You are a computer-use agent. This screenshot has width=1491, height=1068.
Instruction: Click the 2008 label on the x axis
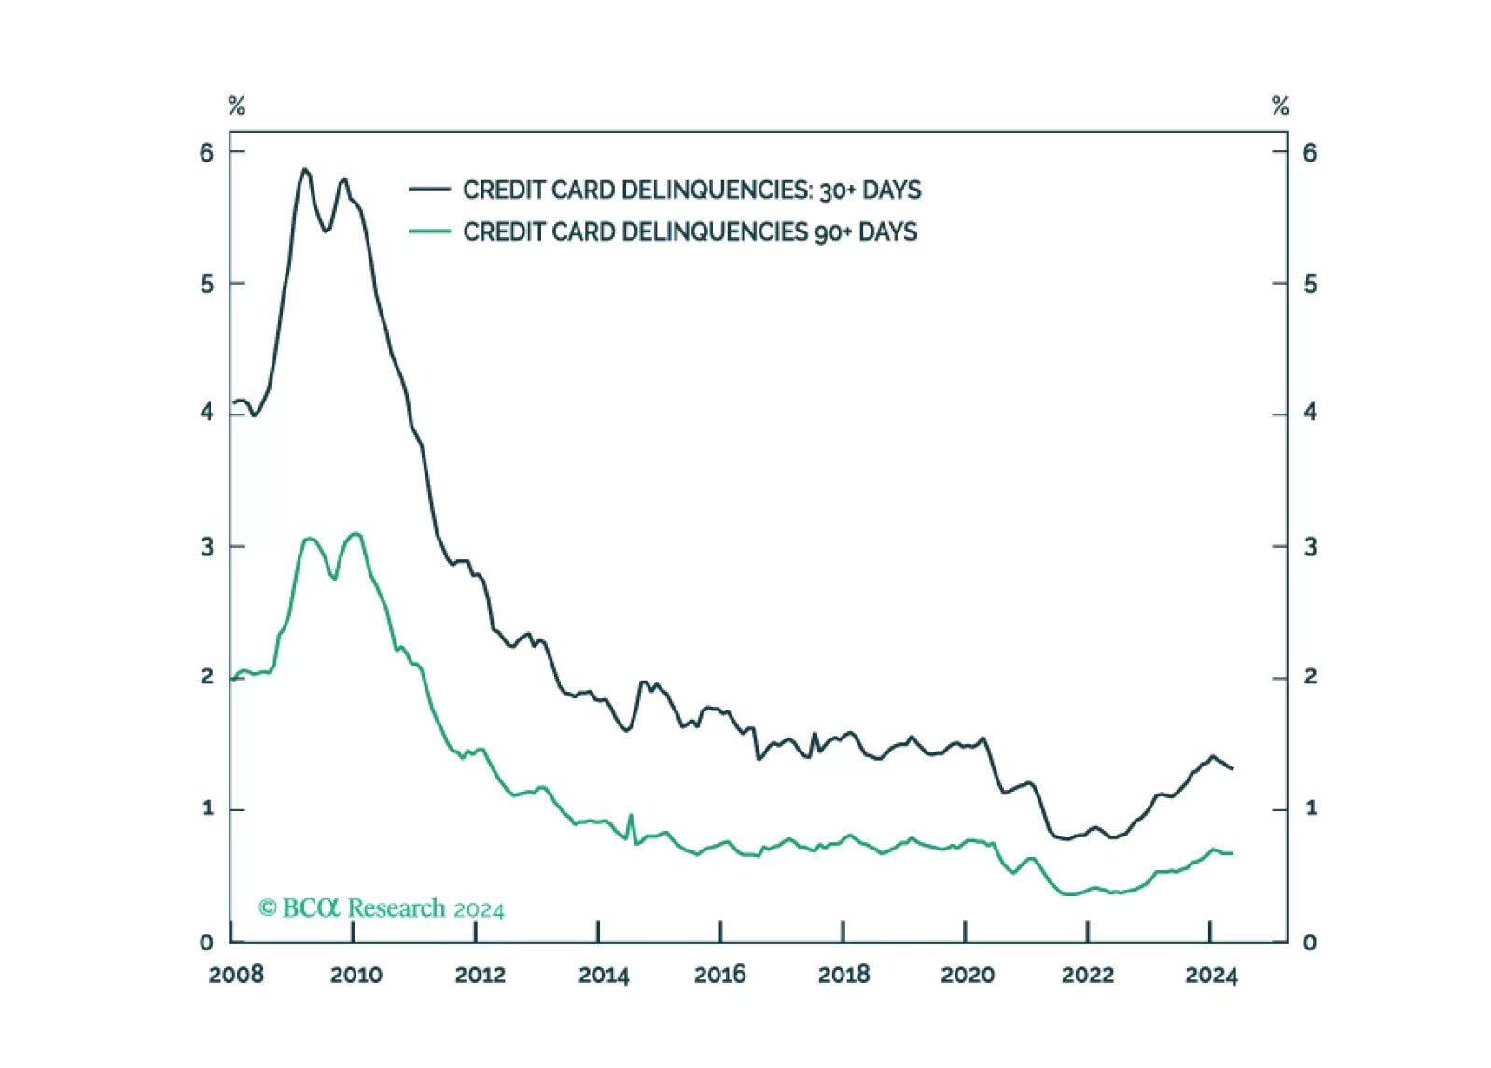point(236,975)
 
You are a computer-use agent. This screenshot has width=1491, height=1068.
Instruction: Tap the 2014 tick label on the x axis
point(604,975)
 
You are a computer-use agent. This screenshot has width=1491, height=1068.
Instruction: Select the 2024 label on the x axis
point(1211,975)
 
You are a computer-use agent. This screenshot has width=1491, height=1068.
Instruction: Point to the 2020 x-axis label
point(968,975)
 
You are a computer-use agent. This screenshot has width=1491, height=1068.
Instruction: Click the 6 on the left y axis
point(206,152)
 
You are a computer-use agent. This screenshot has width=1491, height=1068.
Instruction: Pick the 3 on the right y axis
point(1310,547)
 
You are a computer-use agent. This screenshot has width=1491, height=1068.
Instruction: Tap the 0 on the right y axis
point(1310,942)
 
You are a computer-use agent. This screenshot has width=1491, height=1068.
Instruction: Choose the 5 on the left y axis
point(206,284)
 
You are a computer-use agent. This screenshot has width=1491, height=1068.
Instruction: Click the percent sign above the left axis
point(237,106)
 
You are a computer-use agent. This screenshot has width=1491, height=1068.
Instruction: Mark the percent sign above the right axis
point(1280,106)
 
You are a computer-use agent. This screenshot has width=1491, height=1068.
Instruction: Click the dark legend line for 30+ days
point(429,190)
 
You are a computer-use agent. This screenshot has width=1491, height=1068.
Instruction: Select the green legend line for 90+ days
point(429,232)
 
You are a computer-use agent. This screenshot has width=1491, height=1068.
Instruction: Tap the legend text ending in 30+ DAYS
point(691,190)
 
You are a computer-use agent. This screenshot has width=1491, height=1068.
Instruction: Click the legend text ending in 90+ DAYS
point(690,232)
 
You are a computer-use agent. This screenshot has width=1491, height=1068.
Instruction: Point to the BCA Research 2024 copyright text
point(382,908)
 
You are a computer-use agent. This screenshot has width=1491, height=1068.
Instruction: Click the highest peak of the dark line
point(304,169)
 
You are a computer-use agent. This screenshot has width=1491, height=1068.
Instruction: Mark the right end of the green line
point(1232,853)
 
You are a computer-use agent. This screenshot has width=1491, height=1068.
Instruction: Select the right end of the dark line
point(1233,768)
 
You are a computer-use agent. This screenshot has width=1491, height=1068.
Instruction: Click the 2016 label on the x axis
point(720,975)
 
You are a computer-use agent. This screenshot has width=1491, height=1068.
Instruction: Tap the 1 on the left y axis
point(207,808)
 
